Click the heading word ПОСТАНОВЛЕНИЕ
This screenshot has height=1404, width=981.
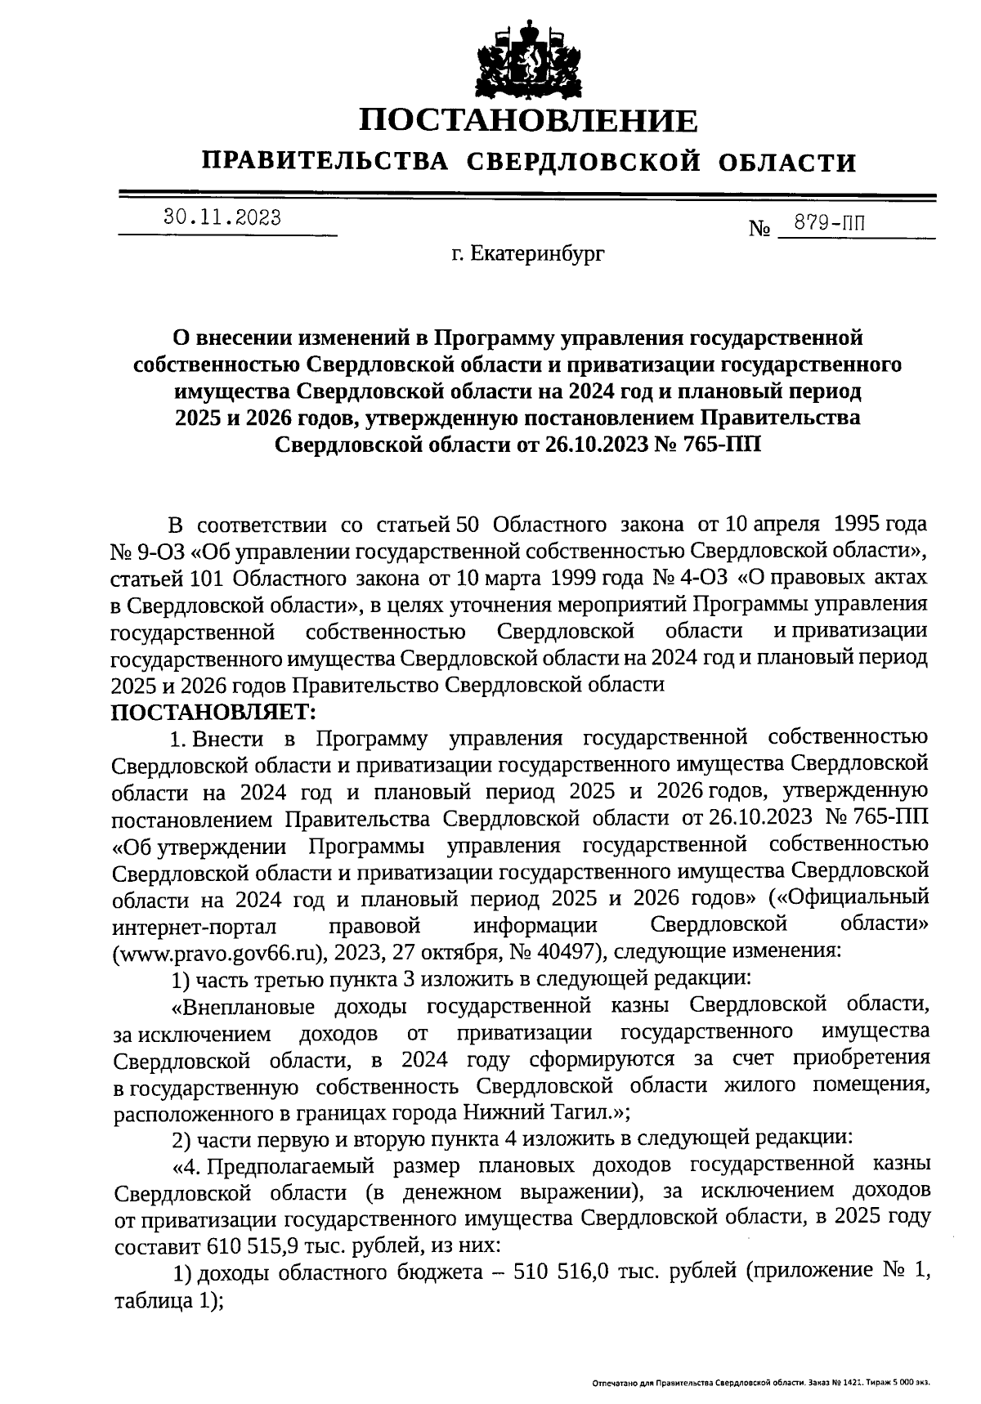pyautogui.click(x=530, y=122)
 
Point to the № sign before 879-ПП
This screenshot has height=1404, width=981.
pyautogui.click(x=759, y=229)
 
